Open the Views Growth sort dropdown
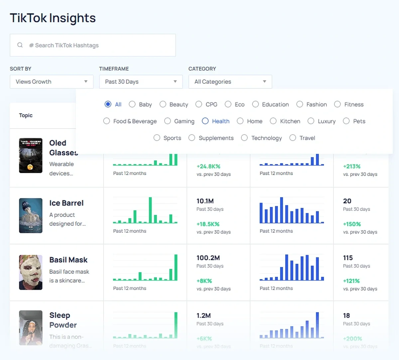click(x=52, y=82)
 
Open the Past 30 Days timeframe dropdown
click(x=141, y=82)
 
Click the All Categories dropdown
click(x=230, y=82)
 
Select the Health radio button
click(x=205, y=121)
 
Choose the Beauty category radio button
click(x=163, y=104)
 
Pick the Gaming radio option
click(x=168, y=121)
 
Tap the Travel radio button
click(x=293, y=138)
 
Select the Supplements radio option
click(x=192, y=138)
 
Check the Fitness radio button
click(x=337, y=104)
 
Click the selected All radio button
click(x=108, y=104)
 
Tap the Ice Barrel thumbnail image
click(x=31, y=216)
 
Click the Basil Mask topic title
click(x=68, y=260)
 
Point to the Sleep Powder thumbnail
click(x=31, y=328)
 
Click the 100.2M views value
click(x=208, y=258)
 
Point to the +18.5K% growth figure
click(x=208, y=224)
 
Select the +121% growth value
click(x=351, y=281)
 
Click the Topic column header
click(x=26, y=115)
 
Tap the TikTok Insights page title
click(x=53, y=18)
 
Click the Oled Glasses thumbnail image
click(x=31, y=155)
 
